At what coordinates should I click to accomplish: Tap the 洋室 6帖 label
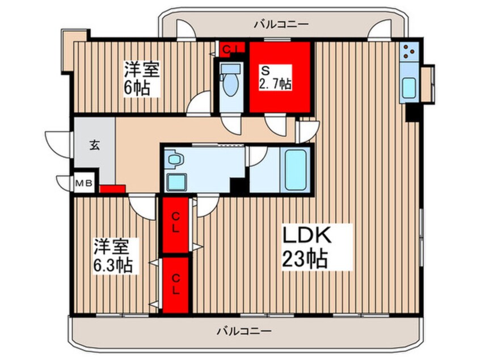tap(142, 79)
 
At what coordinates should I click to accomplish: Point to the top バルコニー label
tap(281, 24)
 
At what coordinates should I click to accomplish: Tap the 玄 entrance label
tap(94, 144)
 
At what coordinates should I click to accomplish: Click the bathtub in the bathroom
tap(297, 169)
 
